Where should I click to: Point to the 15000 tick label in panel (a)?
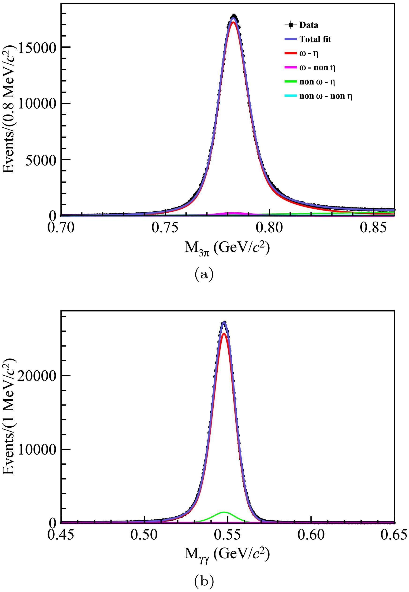tap(37, 47)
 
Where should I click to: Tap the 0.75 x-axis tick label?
tap(165, 227)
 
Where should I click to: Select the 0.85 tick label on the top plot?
tap(373, 227)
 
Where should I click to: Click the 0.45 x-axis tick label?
tap(61, 535)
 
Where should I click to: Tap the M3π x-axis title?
tap(227, 248)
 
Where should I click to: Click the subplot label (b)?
tap(204, 581)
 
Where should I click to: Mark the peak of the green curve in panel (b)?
tap(224, 512)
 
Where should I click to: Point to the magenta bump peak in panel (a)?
tap(234, 213)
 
